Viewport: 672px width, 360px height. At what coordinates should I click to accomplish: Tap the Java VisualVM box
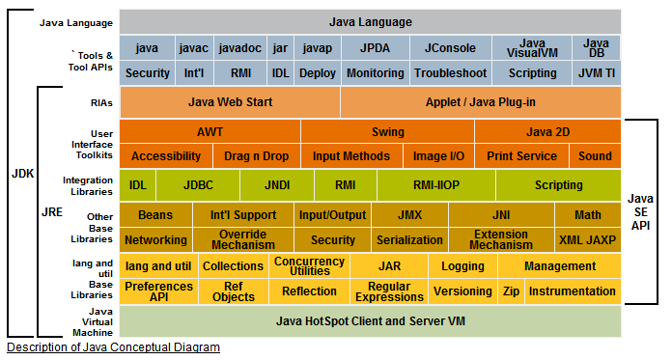coord(532,47)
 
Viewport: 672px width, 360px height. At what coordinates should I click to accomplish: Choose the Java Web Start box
coord(230,101)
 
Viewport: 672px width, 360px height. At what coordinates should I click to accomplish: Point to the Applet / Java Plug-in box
coord(480,101)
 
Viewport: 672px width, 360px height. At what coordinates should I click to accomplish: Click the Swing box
coord(387,131)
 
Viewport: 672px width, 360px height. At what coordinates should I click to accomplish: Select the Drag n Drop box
coord(256,155)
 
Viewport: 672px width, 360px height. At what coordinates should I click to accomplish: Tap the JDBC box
coord(198,184)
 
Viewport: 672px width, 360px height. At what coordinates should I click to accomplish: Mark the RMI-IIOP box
coord(435,184)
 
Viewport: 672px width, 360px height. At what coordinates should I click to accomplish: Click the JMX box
coord(408,214)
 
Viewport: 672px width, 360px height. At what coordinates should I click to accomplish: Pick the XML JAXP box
coord(587,239)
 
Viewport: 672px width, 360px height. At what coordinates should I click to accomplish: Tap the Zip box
coord(511,291)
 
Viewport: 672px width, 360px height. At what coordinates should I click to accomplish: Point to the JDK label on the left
coord(21,175)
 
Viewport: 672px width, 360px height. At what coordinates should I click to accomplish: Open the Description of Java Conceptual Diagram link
coord(113,347)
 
